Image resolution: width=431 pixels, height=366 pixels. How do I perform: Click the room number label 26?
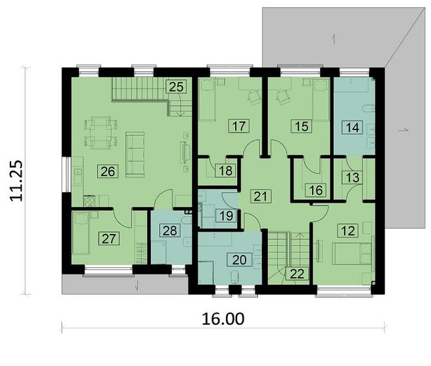107,171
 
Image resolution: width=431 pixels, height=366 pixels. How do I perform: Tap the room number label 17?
237,126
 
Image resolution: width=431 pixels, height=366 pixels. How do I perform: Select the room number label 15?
301,126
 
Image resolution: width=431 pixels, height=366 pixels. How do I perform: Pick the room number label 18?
226,171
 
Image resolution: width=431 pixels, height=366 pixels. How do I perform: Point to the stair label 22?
297,273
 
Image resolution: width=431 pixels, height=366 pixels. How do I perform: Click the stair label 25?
175,86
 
